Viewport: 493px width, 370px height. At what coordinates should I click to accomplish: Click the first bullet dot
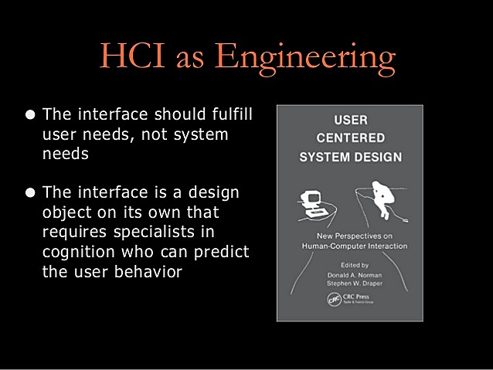(x=30, y=115)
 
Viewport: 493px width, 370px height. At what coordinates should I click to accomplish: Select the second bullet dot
(x=30, y=192)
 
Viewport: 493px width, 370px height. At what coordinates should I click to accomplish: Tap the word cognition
(x=77, y=252)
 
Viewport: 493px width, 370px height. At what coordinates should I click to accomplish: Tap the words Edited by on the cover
(x=350, y=263)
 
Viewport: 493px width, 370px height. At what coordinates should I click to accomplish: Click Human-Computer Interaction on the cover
(x=350, y=246)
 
